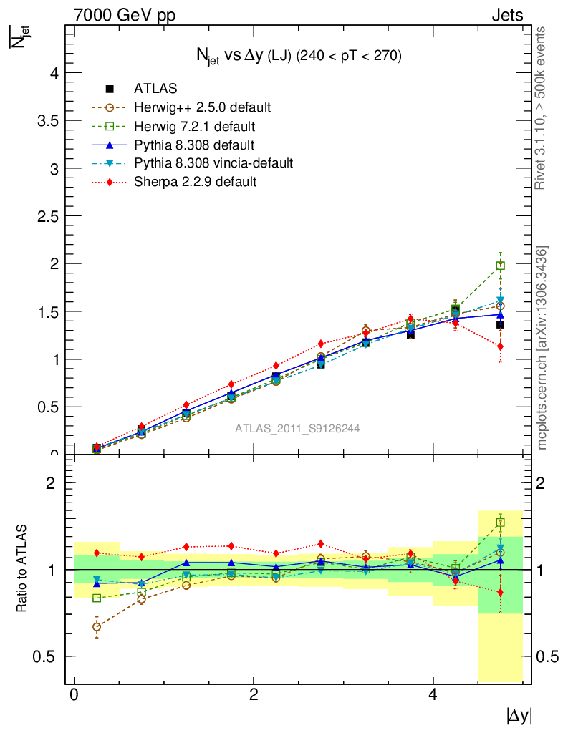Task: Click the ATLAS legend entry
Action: coord(155,89)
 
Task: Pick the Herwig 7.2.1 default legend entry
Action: coord(194,126)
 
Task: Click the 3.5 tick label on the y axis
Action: coord(45,120)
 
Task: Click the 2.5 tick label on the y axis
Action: coord(45,216)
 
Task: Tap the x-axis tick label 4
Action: coord(433,695)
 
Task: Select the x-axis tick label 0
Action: coord(74,695)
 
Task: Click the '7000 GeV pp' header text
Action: coord(125,15)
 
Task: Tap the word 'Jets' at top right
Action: coord(507,15)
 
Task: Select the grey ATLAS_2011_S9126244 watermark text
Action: coord(297,429)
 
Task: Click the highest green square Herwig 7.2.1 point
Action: coord(501,266)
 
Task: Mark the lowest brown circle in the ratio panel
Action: coord(97,627)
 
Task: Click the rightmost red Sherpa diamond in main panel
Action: coord(500,346)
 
